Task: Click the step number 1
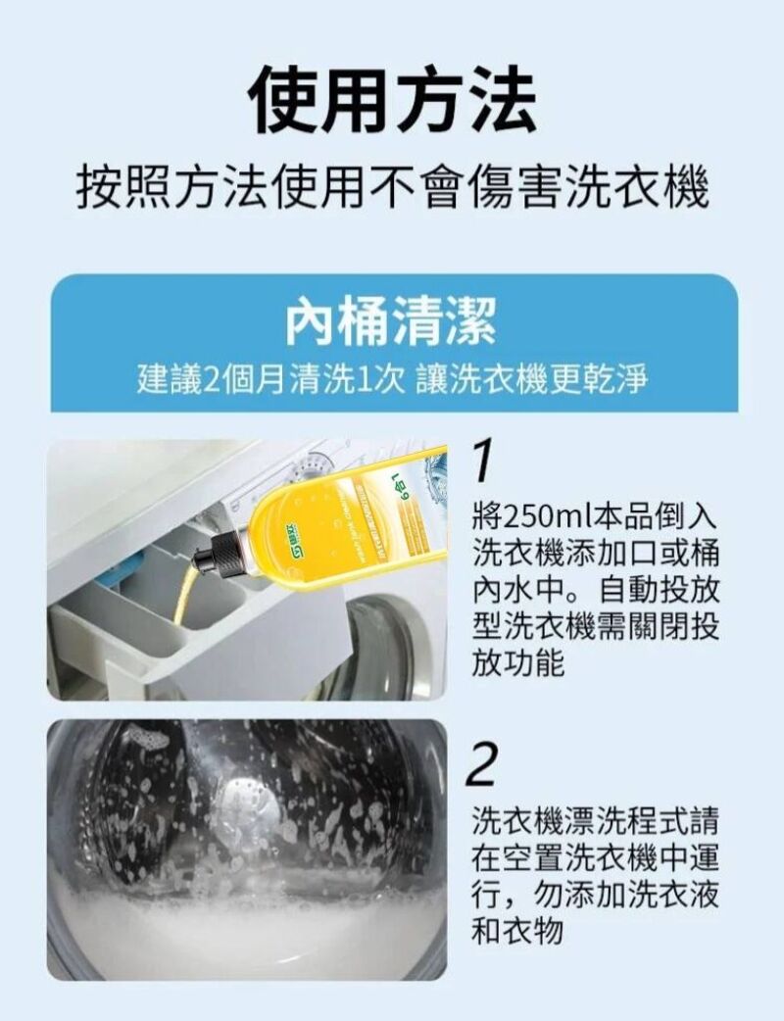[481, 462]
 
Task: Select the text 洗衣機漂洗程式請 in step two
[595, 816]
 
